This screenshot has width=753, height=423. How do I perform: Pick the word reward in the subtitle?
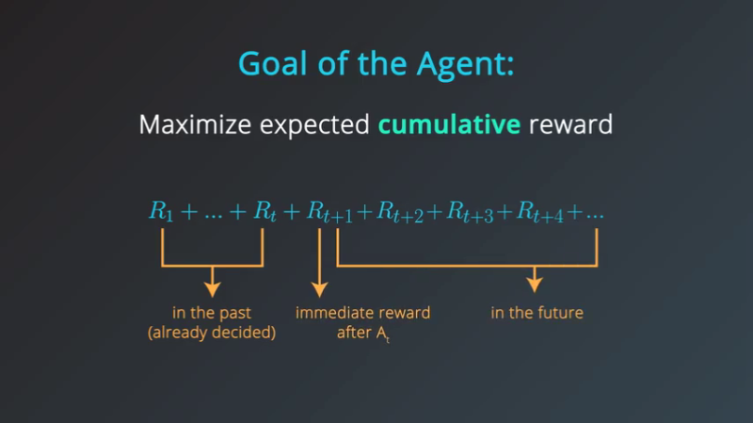[571, 124]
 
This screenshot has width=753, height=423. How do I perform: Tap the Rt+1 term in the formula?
[329, 214]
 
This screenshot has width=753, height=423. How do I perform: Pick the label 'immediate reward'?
[362, 313]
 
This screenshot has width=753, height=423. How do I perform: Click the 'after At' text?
[362, 334]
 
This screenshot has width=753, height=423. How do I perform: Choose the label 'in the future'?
[537, 313]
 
